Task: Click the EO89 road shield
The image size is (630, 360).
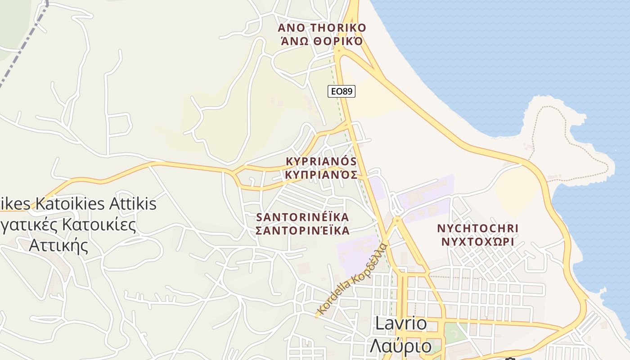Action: point(342,91)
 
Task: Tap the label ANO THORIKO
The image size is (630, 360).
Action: point(322,28)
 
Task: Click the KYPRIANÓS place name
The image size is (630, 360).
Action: point(321,161)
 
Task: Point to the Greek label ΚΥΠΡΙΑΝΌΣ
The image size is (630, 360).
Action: point(321,175)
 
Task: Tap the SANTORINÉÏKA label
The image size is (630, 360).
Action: point(302,217)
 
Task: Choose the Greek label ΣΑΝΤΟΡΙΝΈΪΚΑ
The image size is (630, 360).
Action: point(302,231)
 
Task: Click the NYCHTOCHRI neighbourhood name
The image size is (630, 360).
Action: point(478,228)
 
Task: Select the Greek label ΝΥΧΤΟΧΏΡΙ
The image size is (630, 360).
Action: point(478,242)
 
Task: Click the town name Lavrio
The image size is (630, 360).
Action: point(401,324)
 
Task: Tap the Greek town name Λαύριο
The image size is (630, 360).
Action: point(401,346)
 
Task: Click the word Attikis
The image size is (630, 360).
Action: point(133,204)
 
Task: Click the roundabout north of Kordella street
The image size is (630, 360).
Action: point(397,220)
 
